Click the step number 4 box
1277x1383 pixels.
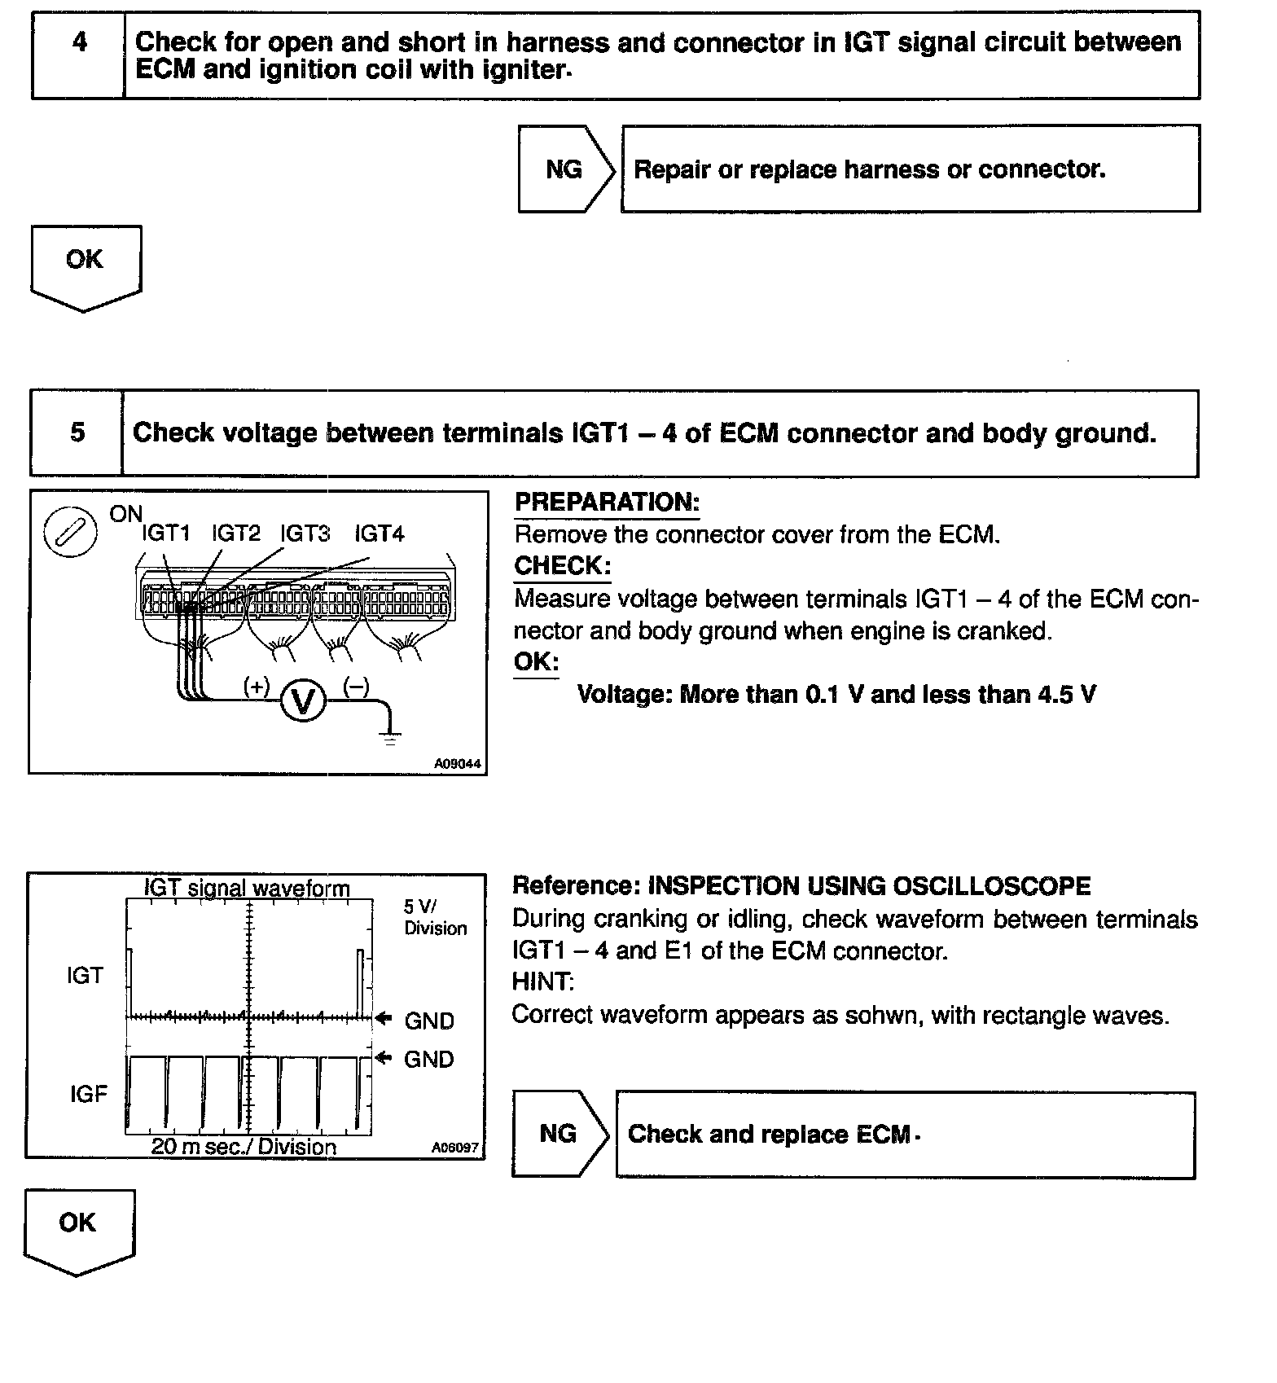pyautogui.click(x=79, y=55)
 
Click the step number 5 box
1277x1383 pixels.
pyautogui.click(x=77, y=432)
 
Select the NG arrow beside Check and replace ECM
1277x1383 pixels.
pyautogui.click(x=559, y=1134)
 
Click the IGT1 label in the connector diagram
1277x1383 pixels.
pyautogui.click(x=165, y=533)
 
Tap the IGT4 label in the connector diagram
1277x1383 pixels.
pyautogui.click(x=379, y=533)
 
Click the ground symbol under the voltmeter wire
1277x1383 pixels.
pyautogui.click(x=391, y=738)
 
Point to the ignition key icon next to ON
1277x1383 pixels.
pyautogui.click(x=70, y=534)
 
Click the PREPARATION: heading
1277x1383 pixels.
pyautogui.click(x=607, y=503)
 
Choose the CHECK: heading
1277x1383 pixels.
pyautogui.click(x=562, y=566)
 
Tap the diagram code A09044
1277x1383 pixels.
pyautogui.click(x=457, y=764)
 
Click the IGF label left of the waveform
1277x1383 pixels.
pyautogui.click(x=88, y=1094)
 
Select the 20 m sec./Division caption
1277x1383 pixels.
pyautogui.click(x=244, y=1147)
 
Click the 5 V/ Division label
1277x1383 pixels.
pyautogui.click(x=435, y=918)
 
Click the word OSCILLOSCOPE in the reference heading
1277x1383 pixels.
pyautogui.click(x=992, y=886)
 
